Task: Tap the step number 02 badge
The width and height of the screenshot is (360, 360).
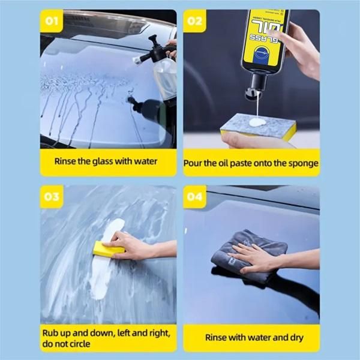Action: [x=194, y=23]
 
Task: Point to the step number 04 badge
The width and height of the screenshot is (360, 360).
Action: [x=194, y=197]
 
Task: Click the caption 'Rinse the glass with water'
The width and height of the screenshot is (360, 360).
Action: [x=106, y=161]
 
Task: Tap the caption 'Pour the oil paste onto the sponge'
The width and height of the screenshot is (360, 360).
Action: [x=251, y=163]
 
